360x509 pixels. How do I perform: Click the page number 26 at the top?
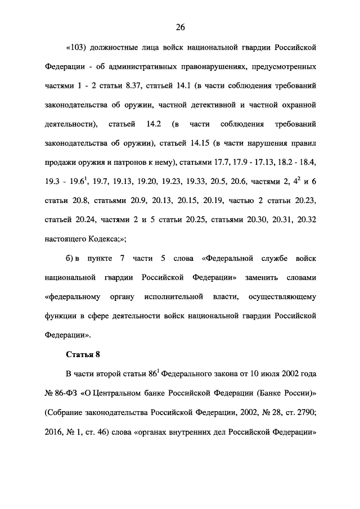(180, 27)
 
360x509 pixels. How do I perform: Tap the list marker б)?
(72, 258)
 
